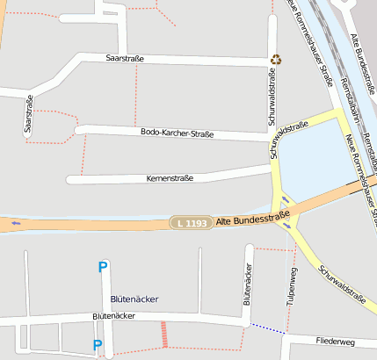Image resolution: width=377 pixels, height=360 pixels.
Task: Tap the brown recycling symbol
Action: click(276, 60)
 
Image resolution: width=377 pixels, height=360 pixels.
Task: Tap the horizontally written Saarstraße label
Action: click(124, 59)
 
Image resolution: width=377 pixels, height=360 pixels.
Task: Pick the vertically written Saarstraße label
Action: click(29, 114)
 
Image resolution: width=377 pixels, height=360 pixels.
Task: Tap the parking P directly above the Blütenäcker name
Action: click(103, 268)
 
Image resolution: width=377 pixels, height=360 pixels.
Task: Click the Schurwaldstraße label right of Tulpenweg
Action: click(343, 284)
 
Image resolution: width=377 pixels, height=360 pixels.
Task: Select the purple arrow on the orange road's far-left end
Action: click(15, 223)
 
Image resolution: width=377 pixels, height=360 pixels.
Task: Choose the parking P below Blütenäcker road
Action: click(98, 345)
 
